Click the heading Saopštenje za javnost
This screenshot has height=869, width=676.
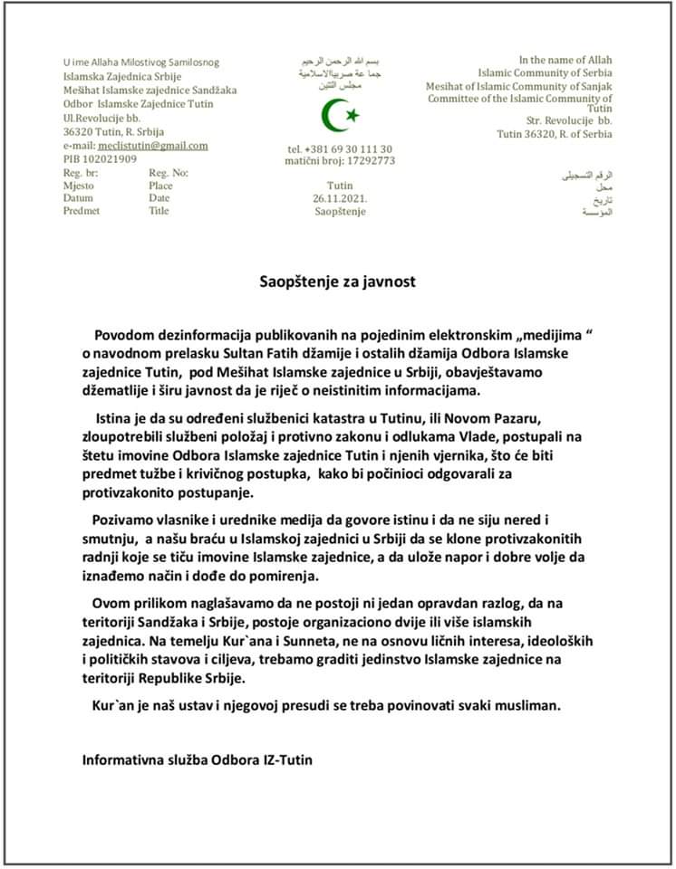pyautogui.click(x=337, y=282)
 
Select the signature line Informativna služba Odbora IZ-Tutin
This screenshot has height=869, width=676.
pyautogui.click(x=198, y=759)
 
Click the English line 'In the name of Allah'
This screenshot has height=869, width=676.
pyautogui.click(x=565, y=60)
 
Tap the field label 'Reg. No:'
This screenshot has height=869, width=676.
pyautogui.click(x=169, y=172)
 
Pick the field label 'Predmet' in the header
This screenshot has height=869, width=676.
pyautogui.click(x=82, y=210)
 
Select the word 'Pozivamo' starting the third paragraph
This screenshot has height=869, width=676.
pyautogui.click(x=124, y=520)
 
